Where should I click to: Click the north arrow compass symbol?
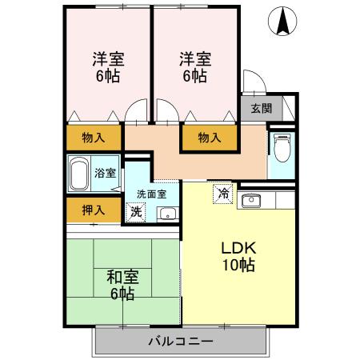point(282,21)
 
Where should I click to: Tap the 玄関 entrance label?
point(260,108)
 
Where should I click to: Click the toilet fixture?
point(281,149)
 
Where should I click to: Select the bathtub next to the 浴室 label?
point(79,172)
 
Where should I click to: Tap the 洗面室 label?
point(150,194)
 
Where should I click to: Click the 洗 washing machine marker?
point(136,213)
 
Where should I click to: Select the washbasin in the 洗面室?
point(166,213)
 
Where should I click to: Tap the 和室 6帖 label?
point(122,285)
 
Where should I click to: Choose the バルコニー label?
point(180,342)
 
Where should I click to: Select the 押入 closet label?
point(94,210)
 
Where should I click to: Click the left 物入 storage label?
point(94,138)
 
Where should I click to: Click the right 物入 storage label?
point(210,138)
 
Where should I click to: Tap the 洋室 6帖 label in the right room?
point(194,67)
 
